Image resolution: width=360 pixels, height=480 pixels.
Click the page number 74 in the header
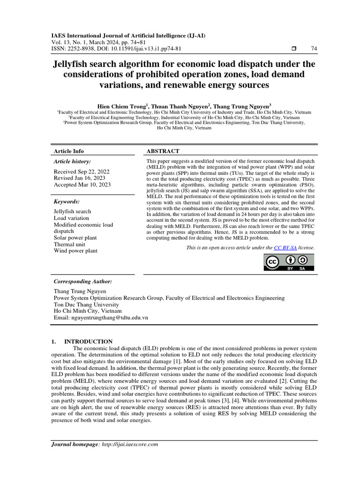point(314,49)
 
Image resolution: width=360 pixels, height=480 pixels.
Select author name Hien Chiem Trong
point(117,106)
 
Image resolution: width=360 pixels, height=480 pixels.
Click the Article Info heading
point(69,151)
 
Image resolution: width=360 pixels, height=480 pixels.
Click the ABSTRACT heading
point(163,151)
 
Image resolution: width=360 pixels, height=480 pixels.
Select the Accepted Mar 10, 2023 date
point(82,185)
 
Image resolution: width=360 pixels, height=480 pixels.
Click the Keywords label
point(67,202)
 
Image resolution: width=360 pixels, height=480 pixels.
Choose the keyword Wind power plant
point(75,251)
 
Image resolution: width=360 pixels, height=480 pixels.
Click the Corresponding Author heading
point(82,281)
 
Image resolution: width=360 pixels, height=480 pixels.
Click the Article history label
point(73,161)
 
